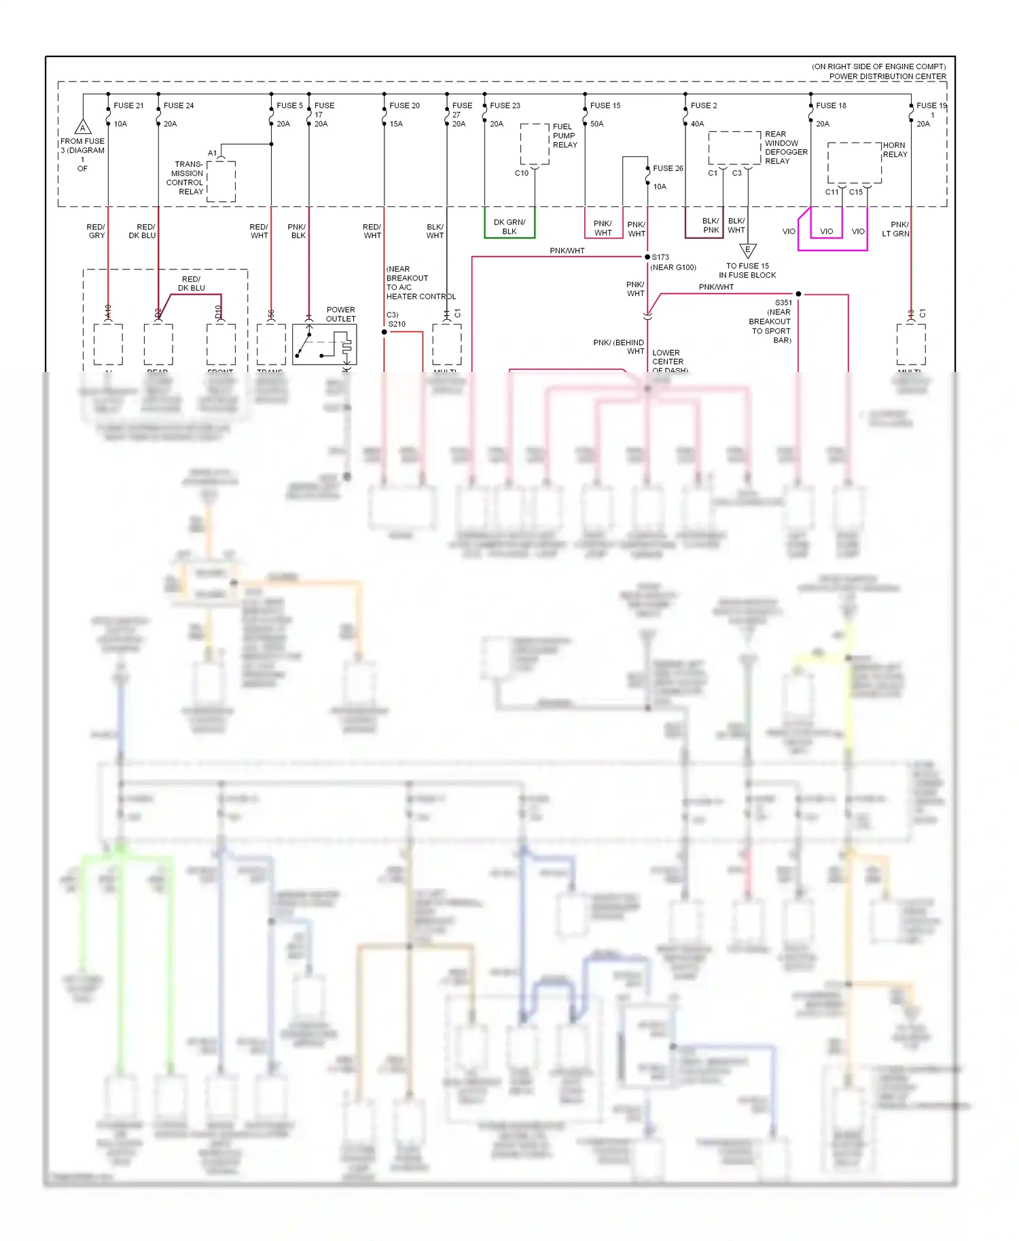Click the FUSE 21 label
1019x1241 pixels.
coord(128,105)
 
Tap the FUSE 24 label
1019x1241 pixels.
coord(179,105)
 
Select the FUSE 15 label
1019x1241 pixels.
coord(605,105)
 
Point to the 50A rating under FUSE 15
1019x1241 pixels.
coord(596,124)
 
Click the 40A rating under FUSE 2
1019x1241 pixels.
coord(697,124)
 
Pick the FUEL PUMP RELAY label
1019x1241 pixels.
coord(565,136)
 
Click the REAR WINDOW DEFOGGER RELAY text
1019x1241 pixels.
coord(786,147)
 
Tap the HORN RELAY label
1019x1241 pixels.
coord(895,149)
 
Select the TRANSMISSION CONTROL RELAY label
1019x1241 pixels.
coord(185,178)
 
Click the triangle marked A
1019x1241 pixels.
coord(83,127)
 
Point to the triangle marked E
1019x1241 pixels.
coord(747,251)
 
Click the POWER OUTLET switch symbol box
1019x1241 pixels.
coord(324,344)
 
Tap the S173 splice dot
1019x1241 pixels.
coord(647,257)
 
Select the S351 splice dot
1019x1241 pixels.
coord(798,294)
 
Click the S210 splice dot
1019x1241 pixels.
coord(384,332)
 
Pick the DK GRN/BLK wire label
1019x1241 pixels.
coord(509,227)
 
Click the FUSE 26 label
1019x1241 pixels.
coord(668,168)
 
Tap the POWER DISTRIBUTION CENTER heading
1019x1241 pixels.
coord(887,76)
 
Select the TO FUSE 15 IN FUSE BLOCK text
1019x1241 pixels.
coord(747,270)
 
